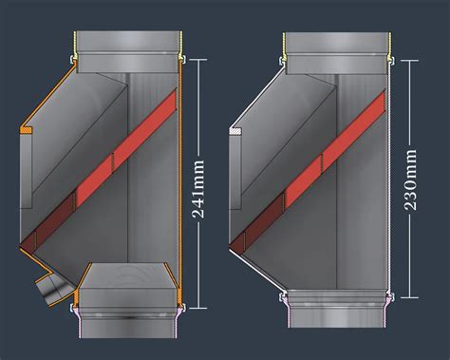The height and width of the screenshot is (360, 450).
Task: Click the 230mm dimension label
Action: pos(413,180)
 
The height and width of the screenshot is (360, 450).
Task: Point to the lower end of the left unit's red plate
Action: pos(28,243)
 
